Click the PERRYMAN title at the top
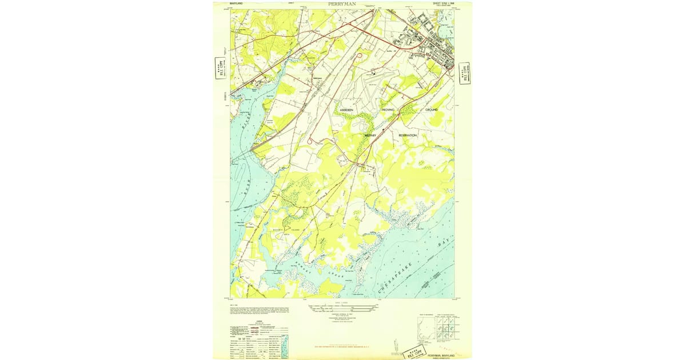pos(342,4)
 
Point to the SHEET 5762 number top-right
pos(442,4)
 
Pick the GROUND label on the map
pos(431,109)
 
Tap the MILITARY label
pos(372,135)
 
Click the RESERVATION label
pos(408,135)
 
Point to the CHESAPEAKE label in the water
pos(402,272)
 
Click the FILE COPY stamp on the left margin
pos(218,67)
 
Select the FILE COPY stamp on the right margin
pos(464,73)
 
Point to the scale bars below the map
pos(343,309)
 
